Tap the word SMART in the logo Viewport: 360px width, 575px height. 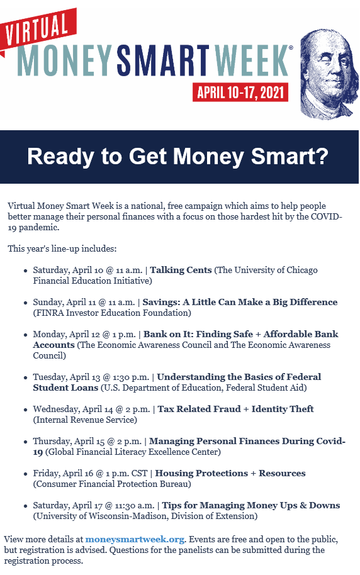coord(163,60)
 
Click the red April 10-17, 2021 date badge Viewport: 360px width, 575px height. coord(240,92)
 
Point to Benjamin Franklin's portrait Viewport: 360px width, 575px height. coord(329,74)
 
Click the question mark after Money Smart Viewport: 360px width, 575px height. coord(321,156)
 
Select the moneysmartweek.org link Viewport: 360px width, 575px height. coord(135,539)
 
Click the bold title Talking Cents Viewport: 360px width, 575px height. coord(181,271)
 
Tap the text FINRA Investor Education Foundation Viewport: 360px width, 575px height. coord(112,313)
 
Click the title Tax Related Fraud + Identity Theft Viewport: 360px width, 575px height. coord(235,409)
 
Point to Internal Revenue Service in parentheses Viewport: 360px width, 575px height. coord(85,420)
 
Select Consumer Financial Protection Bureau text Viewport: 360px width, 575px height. coord(112,484)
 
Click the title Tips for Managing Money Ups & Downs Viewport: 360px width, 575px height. coord(251,505)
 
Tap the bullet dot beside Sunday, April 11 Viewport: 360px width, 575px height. coord(25,303)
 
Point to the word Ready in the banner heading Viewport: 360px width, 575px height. coord(60,157)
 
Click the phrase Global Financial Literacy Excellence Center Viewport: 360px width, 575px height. coord(133,452)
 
